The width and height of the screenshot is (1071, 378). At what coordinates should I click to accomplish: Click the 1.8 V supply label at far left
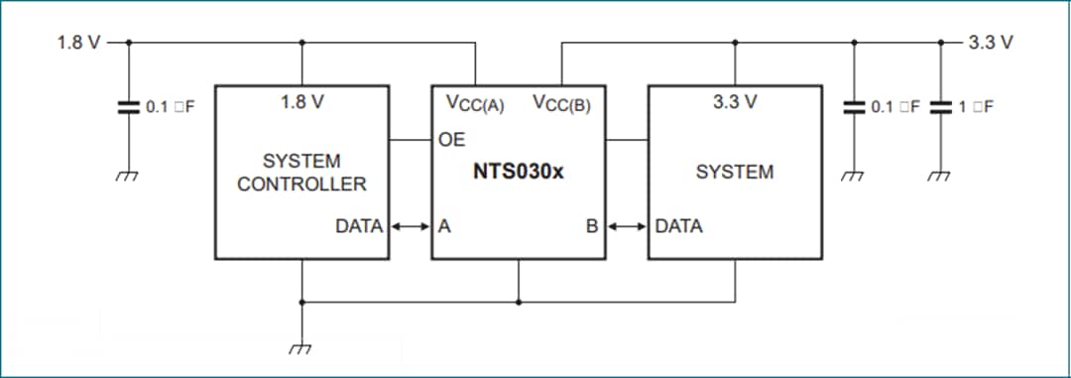click(x=79, y=43)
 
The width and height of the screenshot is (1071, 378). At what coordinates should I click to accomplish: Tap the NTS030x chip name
click(x=518, y=172)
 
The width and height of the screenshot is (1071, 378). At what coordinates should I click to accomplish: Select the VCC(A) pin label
click(x=475, y=102)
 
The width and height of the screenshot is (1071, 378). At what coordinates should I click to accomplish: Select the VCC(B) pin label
click(x=561, y=102)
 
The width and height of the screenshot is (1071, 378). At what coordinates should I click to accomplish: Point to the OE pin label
click(x=451, y=140)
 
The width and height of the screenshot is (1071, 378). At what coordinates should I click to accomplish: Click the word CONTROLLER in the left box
click(x=301, y=185)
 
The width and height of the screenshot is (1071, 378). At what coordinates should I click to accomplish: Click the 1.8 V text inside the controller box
click(x=302, y=102)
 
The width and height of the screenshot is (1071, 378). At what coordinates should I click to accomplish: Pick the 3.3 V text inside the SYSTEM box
click(x=735, y=102)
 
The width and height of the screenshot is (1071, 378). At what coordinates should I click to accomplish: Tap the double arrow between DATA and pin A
click(x=410, y=226)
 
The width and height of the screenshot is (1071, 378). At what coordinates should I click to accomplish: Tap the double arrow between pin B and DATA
click(x=626, y=226)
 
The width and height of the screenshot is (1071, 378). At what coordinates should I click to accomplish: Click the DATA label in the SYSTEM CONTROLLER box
click(x=360, y=226)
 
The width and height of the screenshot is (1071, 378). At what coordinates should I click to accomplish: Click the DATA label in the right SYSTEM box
click(x=679, y=226)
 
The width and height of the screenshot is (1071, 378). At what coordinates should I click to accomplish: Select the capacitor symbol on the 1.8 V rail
click(x=128, y=107)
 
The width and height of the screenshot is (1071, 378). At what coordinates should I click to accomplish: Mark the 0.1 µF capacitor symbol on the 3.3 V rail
click(x=855, y=107)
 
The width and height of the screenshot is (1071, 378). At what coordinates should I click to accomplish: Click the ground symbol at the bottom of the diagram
click(x=301, y=347)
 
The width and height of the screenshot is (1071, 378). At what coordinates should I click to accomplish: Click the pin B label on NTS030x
click(x=591, y=226)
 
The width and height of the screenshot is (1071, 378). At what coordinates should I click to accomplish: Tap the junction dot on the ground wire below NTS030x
click(x=518, y=302)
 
